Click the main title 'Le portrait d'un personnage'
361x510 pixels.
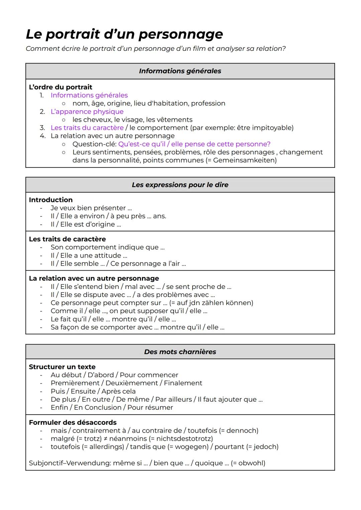pos(124,34)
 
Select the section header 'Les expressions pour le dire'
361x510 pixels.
pos(180,185)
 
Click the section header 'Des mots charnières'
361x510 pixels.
pos(180,352)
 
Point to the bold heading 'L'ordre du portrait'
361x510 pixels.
pos(61,87)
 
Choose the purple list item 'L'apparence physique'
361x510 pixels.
pos(87,112)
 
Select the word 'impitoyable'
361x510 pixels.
pos(272,128)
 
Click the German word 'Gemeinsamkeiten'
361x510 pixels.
pos(244,160)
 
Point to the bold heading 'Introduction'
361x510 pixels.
pos(51,200)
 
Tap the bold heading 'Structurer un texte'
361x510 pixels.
pos(62,367)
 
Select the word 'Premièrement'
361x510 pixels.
pos(75,383)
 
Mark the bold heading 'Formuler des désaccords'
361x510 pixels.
pos(73,422)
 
